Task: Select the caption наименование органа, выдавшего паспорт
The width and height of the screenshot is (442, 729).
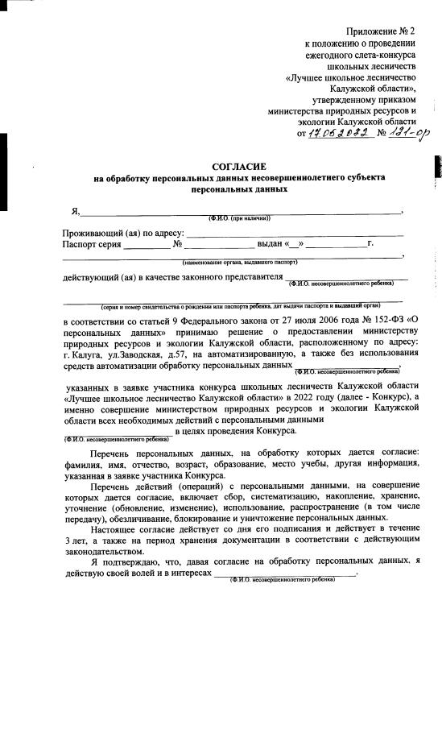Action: [240, 263]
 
